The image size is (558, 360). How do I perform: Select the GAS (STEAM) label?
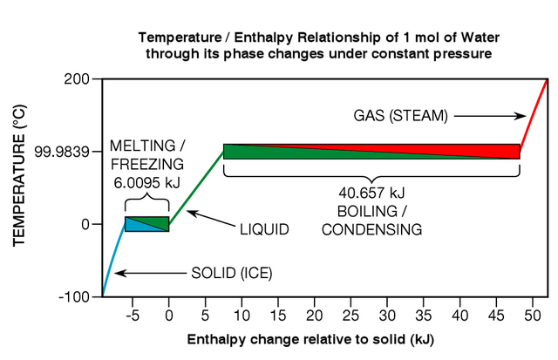tap(401, 114)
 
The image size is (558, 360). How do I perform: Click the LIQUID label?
tap(264, 228)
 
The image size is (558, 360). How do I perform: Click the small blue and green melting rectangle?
tap(146, 224)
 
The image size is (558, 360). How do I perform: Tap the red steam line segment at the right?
tap(534, 118)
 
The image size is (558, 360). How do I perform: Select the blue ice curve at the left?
tap(112, 262)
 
